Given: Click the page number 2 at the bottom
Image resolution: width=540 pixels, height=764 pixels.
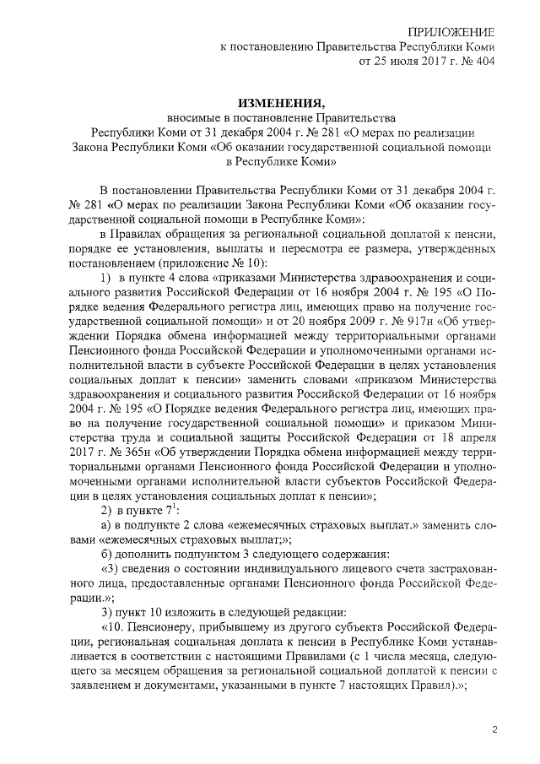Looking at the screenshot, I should pyautogui.click(x=496, y=729).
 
